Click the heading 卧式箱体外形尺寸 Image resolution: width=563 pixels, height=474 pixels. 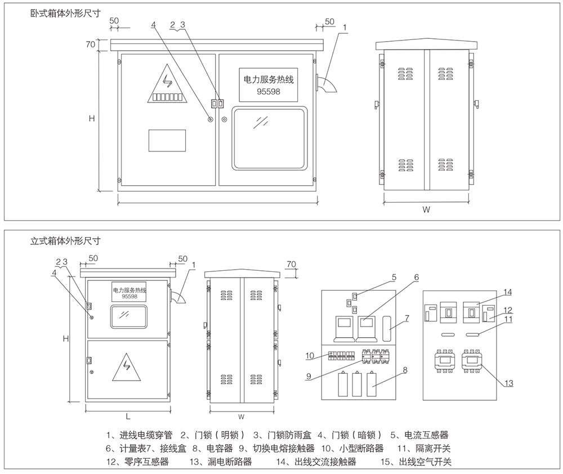pyautogui.click(x=65, y=14)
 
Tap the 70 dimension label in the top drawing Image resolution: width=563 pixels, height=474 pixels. pyautogui.click(x=90, y=44)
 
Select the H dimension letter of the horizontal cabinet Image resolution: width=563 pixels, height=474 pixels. pyautogui.click(x=91, y=119)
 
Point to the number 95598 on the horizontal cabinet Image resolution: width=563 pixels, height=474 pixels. pyautogui.click(x=267, y=91)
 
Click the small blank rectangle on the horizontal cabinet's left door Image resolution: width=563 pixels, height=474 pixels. pyautogui.click(x=167, y=140)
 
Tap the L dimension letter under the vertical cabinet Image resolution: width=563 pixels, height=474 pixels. pyautogui.click(x=128, y=417)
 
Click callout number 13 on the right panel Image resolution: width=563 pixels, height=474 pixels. pyautogui.click(x=508, y=383)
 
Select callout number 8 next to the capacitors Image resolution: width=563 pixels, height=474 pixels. pyautogui.click(x=405, y=370)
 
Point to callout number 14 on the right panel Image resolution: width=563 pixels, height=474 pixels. pyautogui.click(x=508, y=292)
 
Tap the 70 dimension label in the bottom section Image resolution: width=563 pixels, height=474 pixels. pyautogui.click(x=291, y=263)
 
